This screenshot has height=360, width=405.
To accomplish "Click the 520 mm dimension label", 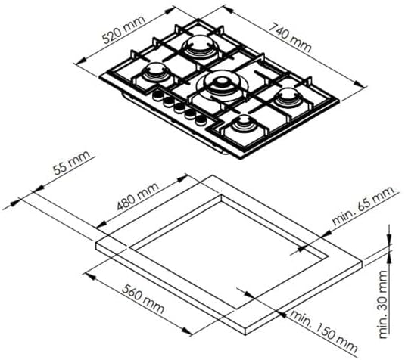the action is (123, 30).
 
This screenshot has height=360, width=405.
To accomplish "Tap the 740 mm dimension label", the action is (291, 38).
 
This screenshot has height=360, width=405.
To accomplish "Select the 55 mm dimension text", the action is (72, 163).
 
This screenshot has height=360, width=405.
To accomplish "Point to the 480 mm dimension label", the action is (138, 197).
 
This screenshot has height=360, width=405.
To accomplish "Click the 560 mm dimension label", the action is (143, 299).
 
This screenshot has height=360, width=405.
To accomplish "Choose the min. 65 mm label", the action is (363, 206).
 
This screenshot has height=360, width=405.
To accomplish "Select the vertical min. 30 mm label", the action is (384, 304).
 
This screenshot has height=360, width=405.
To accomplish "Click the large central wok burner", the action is (222, 86).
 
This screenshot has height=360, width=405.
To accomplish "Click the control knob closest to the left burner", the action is (157, 96).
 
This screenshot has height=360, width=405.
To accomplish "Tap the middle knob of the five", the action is (179, 107).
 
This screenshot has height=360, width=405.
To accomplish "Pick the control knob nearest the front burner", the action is (201, 119).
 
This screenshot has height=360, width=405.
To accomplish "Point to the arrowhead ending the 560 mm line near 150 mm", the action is (186, 331).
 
